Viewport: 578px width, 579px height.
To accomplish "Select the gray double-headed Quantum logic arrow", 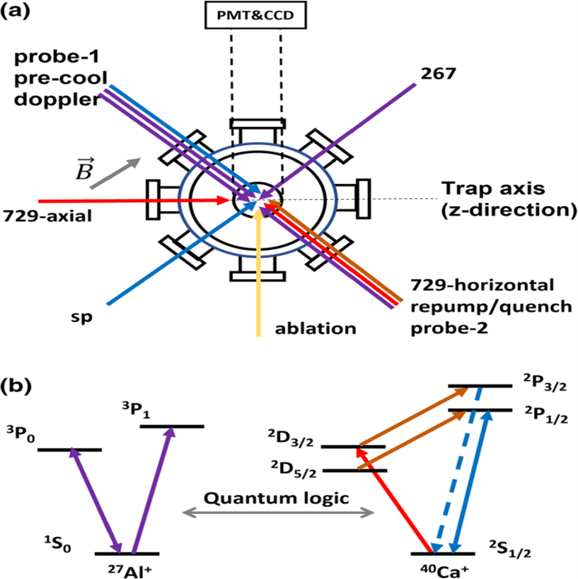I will click(x=278, y=515).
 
